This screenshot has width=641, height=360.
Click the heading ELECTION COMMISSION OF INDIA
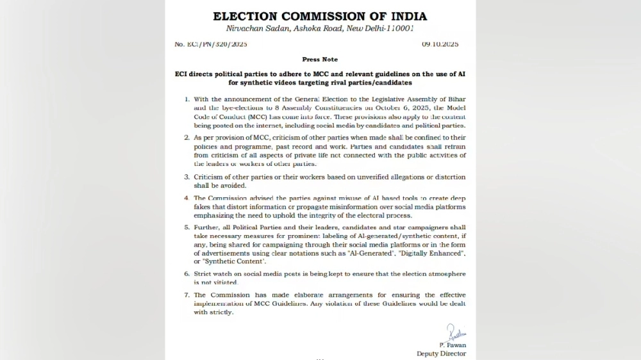tap(320, 16)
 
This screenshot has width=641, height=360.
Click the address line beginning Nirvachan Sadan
tap(320, 29)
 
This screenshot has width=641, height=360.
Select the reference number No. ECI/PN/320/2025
tap(211, 44)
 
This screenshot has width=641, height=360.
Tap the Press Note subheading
tap(320, 60)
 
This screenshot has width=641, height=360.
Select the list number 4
tap(187, 198)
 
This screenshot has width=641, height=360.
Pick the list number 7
tap(187, 295)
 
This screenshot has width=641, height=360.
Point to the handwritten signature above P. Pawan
tap(456, 333)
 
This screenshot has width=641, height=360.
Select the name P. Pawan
tap(453, 345)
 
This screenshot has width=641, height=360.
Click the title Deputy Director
tap(441, 354)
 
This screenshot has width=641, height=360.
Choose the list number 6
tap(187, 274)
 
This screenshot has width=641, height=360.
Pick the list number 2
tap(187, 137)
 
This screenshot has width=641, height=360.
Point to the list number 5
tap(187, 227)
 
